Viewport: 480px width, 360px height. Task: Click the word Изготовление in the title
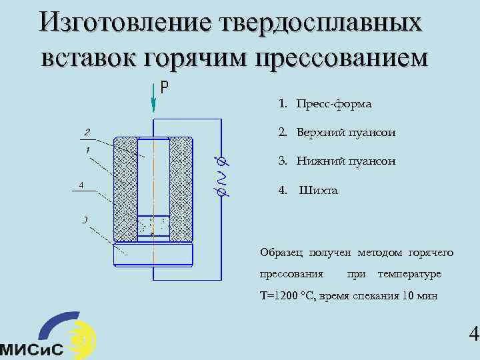pyautogui.click(x=125, y=23)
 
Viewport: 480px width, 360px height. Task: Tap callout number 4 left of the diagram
pyautogui.click(x=81, y=185)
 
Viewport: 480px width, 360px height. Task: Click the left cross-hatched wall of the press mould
pyautogui.click(x=125, y=189)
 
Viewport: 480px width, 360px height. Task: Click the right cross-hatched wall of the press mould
pyautogui.click(x=181, y=189)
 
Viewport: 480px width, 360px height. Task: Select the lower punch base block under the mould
pyautogui.click(x=153, y=254)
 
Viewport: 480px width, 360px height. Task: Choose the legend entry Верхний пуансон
pyautogui.click(x=337, y=133)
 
